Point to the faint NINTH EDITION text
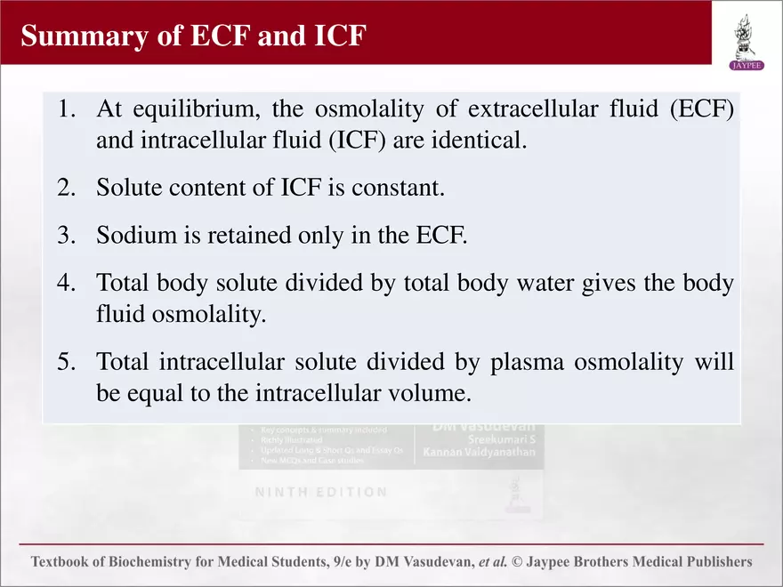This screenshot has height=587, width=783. click(321, 492)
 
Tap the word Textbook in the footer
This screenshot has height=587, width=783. click(63, 562)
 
